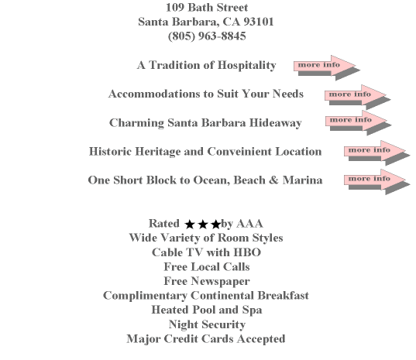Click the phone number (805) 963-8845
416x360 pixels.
click(207, 36)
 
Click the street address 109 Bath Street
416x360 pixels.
click(207, 8)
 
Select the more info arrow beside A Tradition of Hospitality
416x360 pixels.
click(327, 67)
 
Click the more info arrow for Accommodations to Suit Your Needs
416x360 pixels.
click(358, 97)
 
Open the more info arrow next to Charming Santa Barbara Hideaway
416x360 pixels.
click(359, 123)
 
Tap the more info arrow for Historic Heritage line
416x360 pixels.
click(377, 153)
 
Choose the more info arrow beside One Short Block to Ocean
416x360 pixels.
click(377, 182)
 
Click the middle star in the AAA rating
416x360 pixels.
click(203, 225)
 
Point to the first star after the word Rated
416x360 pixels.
click(190, 225)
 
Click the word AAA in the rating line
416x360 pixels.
click(249, 224)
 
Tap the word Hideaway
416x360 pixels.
click(275, 123)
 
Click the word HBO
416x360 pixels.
click(247, 252)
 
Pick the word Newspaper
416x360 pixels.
click(220, 282)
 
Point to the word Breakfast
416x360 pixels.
click(283, 296)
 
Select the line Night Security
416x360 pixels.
click(207, 324)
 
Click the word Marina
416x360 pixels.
click(302, 180)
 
